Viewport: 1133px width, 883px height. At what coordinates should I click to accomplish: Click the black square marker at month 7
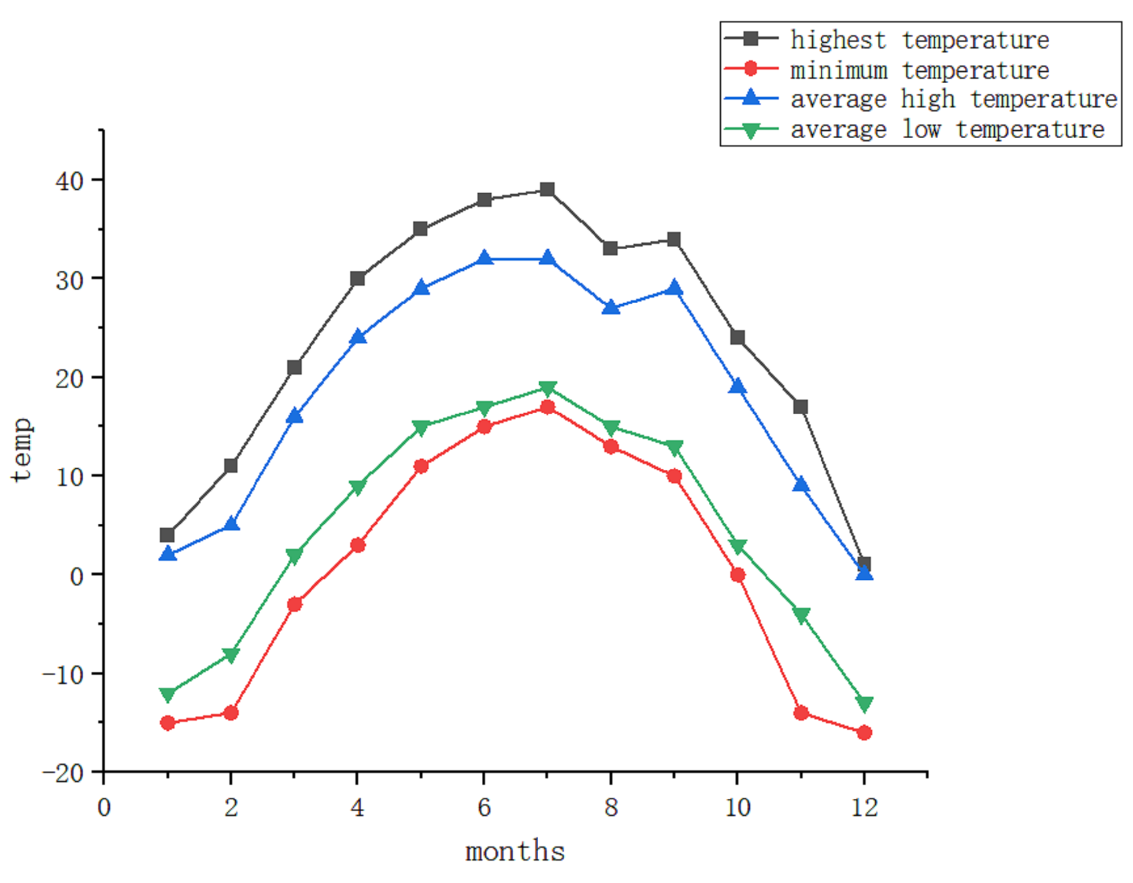[x=547, y=189]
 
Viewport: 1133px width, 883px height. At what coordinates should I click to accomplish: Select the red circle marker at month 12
[x=864, y=732]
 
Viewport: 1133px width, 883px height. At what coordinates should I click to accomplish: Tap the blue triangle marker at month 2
[x=231, y=524]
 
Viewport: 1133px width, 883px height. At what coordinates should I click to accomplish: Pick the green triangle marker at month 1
[x=167, y=694]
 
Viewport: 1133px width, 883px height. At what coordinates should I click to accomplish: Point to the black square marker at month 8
[x=611, y=248]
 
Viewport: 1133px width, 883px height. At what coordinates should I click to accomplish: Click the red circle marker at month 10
[x=737, y=574]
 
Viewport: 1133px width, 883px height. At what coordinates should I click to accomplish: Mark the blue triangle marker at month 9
[x=674, y=287]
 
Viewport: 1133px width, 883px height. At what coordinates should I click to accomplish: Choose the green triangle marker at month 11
[x=801, y=615]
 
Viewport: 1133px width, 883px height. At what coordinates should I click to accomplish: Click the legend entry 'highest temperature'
[x=919, y=40]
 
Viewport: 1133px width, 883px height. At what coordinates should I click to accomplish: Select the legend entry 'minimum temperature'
[x=919, y=70]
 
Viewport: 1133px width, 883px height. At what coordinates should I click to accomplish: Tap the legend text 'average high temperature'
[x=954, y=99]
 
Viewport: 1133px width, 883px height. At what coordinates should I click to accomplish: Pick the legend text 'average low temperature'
[x=947, y=129]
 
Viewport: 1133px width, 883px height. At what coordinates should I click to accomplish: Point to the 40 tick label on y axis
[x=70, y=181]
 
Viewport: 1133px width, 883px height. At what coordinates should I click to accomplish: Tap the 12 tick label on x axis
[x=864, y=807]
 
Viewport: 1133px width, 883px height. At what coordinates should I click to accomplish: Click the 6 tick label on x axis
[x=484, y=807]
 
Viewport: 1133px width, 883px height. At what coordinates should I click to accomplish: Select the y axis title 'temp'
[x=22, y=449]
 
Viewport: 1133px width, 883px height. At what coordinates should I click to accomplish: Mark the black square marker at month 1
[x=167, y=534]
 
